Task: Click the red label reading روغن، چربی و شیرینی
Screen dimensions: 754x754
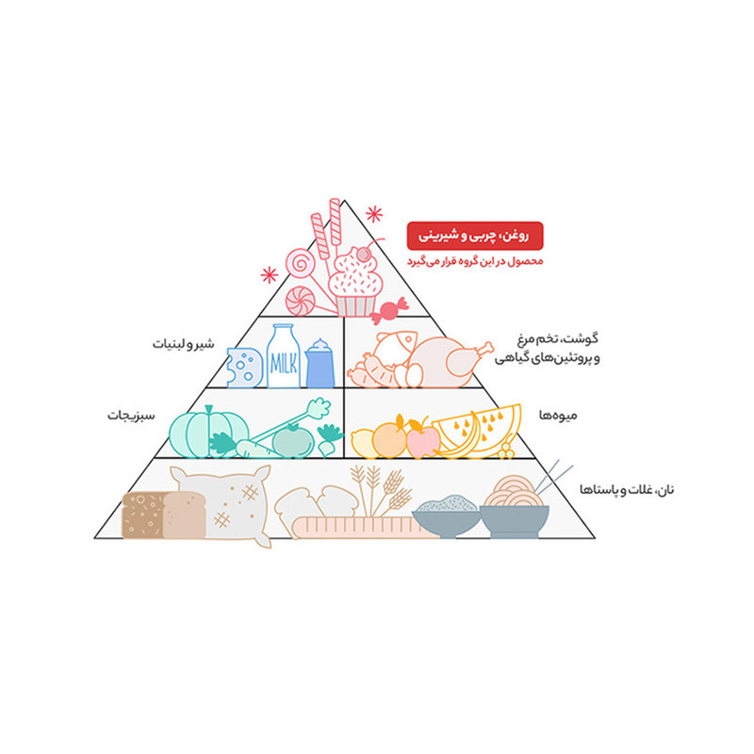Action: [475, 236]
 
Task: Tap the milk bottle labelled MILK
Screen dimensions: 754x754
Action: [284, 356]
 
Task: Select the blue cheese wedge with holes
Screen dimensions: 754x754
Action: [244, 368]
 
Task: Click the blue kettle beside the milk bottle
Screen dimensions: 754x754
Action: [320, 364]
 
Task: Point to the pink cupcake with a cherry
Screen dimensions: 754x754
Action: [355, 282]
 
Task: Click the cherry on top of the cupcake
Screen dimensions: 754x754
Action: [363, 254]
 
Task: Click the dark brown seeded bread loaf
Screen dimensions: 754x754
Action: [143, 515]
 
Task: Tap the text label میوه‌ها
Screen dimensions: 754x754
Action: [557, 415]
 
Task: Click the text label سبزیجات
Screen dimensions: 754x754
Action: [131, 416]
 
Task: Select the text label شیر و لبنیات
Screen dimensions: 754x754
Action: [183, 344]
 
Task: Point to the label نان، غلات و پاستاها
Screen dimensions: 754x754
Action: [627, 489]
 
